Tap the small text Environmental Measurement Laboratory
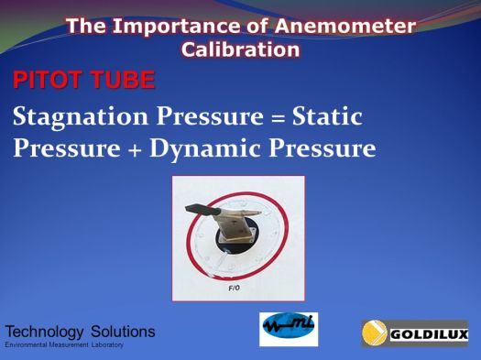64,345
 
